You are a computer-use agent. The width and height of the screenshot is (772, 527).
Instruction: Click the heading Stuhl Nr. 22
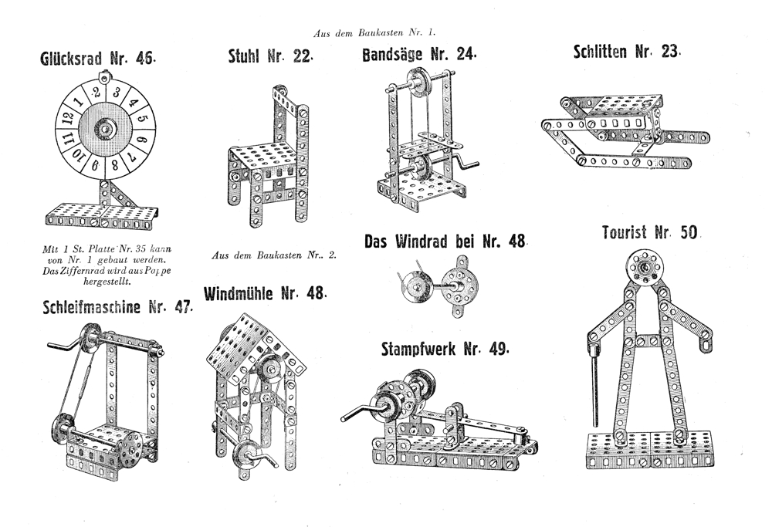click(x=270, y=58)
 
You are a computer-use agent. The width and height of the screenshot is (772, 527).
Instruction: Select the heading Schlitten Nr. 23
click(x=627, y=52)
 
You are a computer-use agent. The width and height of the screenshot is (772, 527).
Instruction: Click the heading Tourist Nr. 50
click(x=649, y=232)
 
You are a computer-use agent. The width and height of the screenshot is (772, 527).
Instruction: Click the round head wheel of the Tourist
click(x=644, y=268)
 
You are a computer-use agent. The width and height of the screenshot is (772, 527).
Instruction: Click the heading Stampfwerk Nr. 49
click(x=445, y=349)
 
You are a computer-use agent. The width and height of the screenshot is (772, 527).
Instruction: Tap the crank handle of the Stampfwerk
click(x=357, y=414)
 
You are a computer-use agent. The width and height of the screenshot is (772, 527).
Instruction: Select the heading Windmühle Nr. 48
click(x=266, y=294)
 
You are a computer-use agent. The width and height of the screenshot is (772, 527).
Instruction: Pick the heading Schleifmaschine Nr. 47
click(x=116, y=306)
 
